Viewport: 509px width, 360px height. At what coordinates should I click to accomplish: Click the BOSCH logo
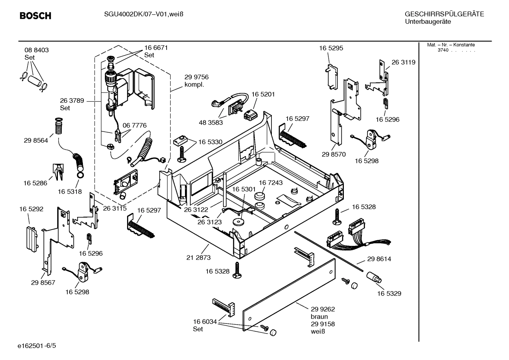tap(35, 16)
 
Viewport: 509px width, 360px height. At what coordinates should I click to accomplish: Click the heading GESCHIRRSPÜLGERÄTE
tap(444, 14)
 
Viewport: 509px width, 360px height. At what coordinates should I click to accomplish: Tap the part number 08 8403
tap(37, 50)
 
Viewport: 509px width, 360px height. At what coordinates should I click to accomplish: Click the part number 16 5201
tap(263, 95)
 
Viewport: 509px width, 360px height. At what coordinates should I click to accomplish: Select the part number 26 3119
tap(403, 62)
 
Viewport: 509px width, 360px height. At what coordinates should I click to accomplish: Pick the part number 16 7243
tap(271, 183)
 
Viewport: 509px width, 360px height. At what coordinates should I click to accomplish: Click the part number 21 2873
tap(198, 258)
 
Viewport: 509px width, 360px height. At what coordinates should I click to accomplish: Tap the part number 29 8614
tap(379, 259)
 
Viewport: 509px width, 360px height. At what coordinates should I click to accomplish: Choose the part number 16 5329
tap(389, 294)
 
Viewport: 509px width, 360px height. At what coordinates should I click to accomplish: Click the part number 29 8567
tap(43, 283)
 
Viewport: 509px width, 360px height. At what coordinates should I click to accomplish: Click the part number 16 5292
tap(31, 209)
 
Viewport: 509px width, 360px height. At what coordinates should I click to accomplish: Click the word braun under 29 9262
tap(319, 317)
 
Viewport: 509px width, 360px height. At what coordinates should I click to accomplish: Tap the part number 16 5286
tap(35, 183)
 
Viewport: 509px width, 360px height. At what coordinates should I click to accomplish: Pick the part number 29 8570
tap(334, 154)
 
